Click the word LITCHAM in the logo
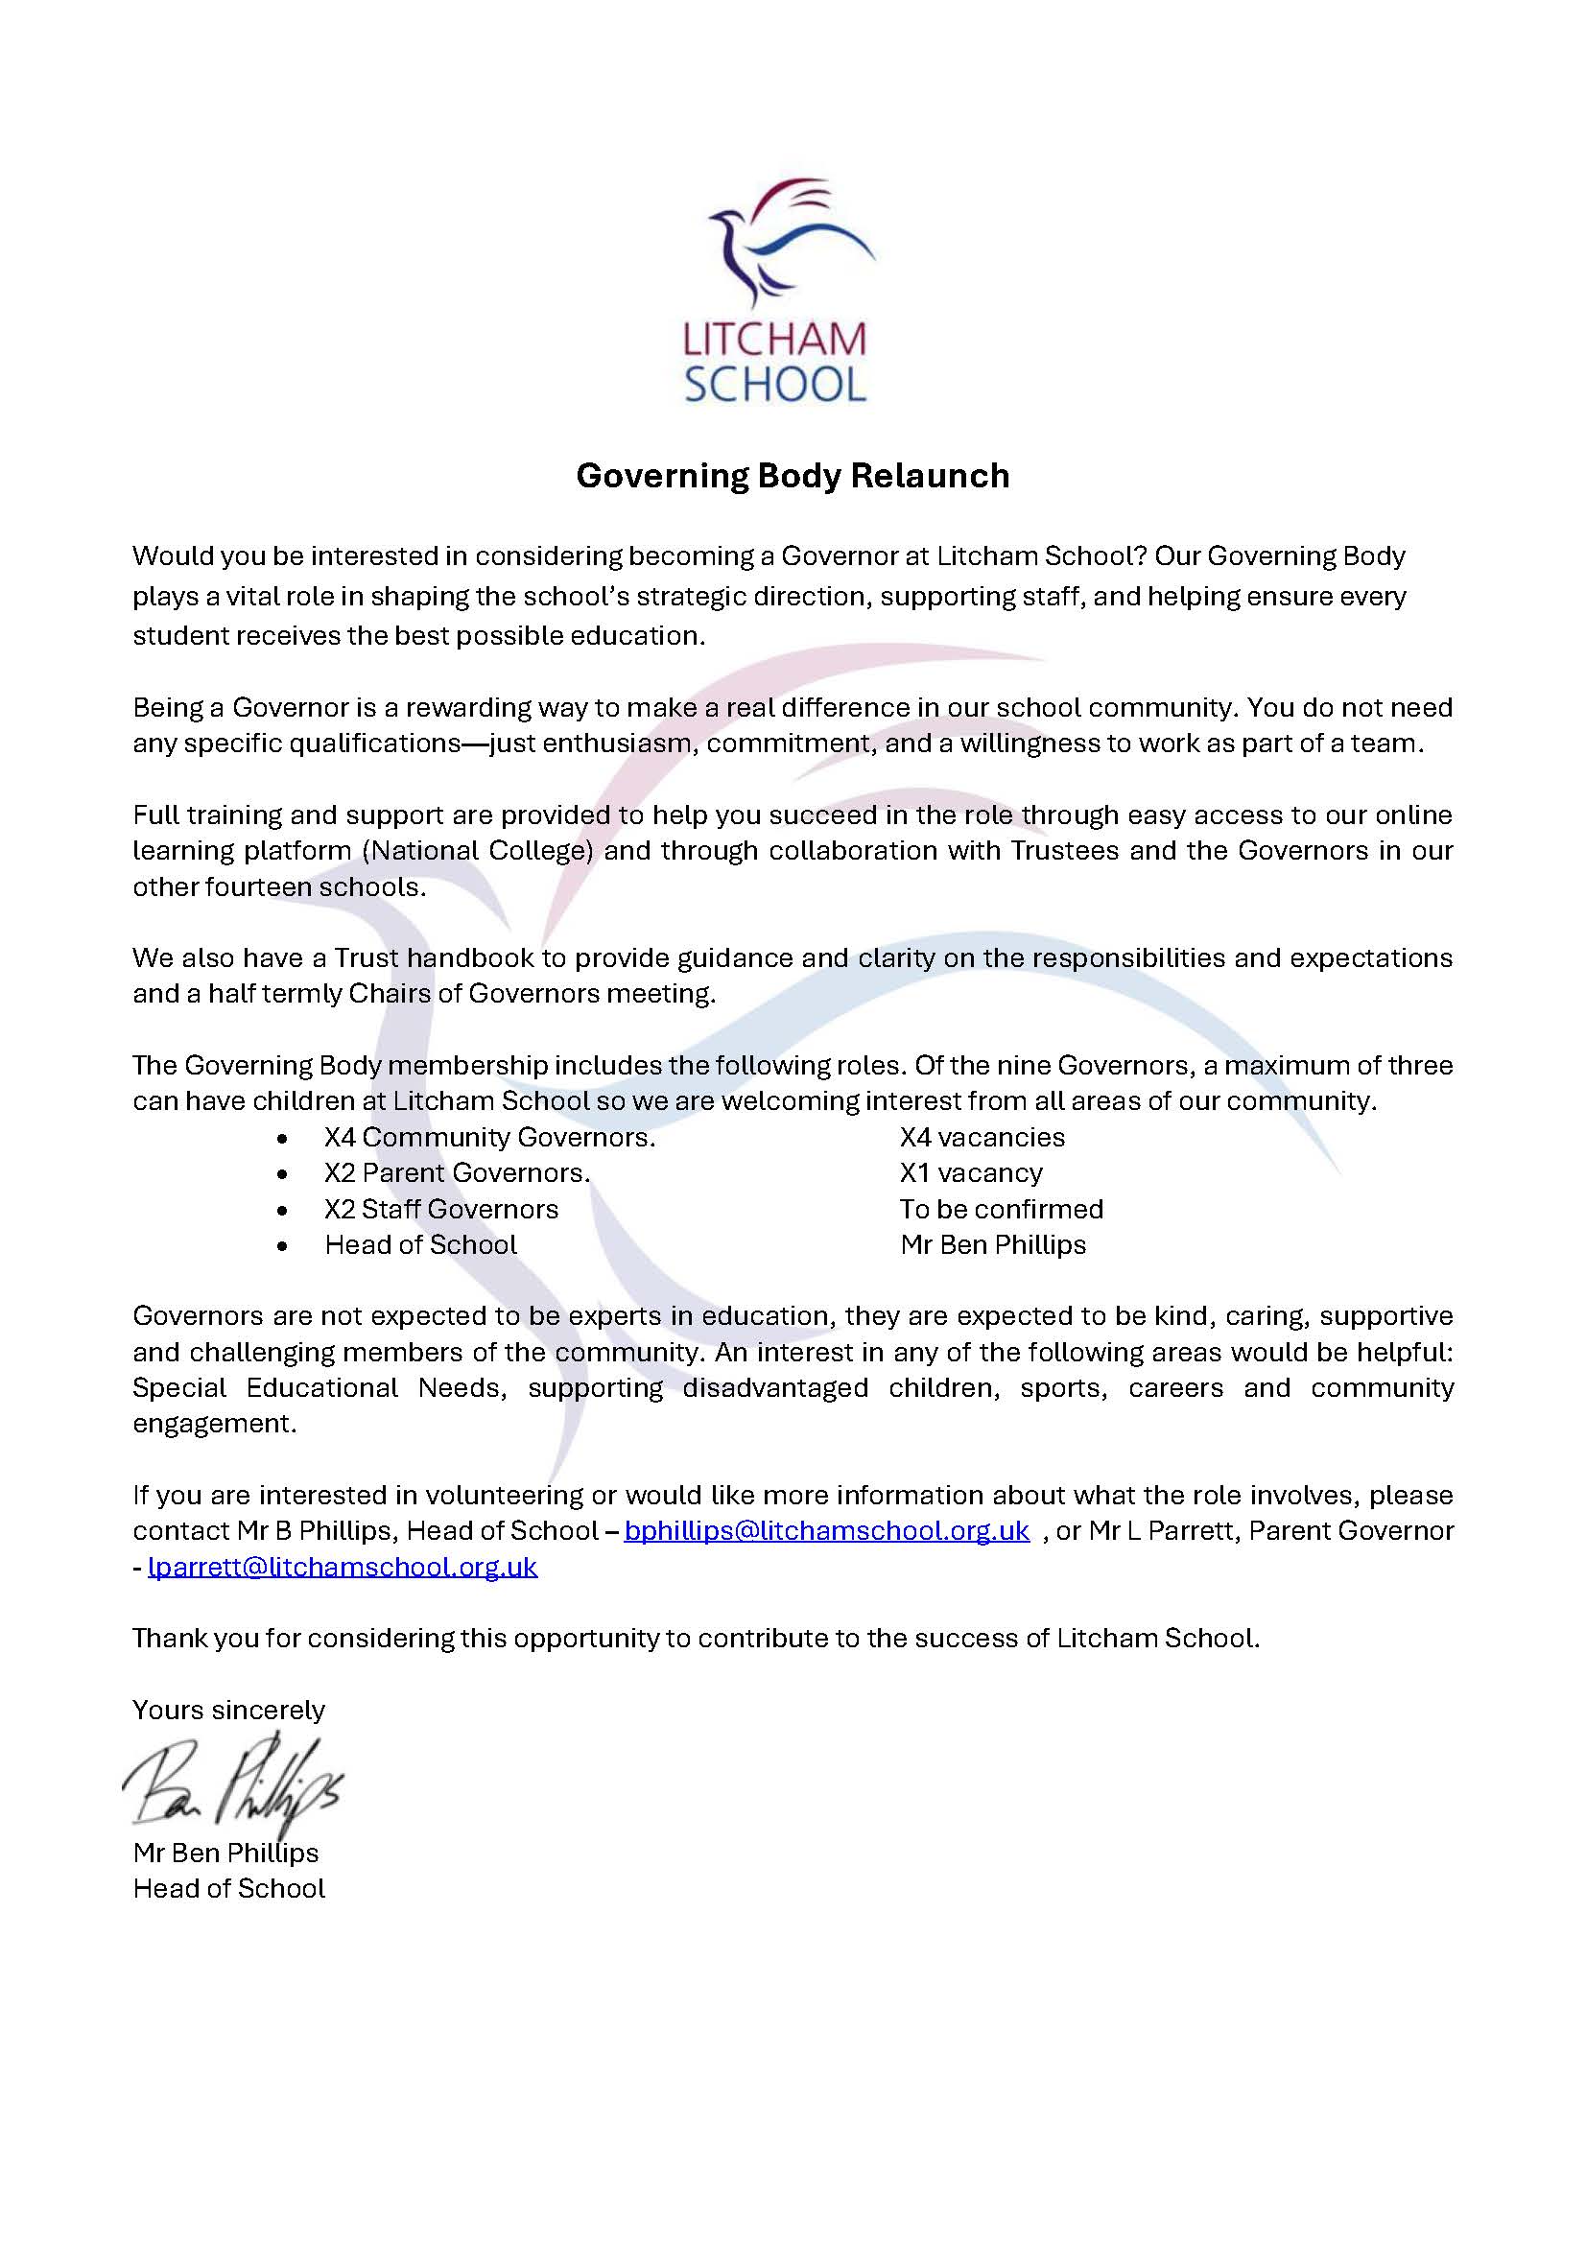774,341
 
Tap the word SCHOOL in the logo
775,384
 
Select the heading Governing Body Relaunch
793,476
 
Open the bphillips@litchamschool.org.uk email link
826,1530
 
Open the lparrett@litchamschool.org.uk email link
342,1567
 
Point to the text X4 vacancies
982,1137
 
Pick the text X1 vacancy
970,1172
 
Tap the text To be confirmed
1001,1209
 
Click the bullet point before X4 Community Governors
282,1139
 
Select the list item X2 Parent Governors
458,1172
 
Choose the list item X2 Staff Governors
440,1209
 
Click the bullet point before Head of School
282,1246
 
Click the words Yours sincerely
228,1710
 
